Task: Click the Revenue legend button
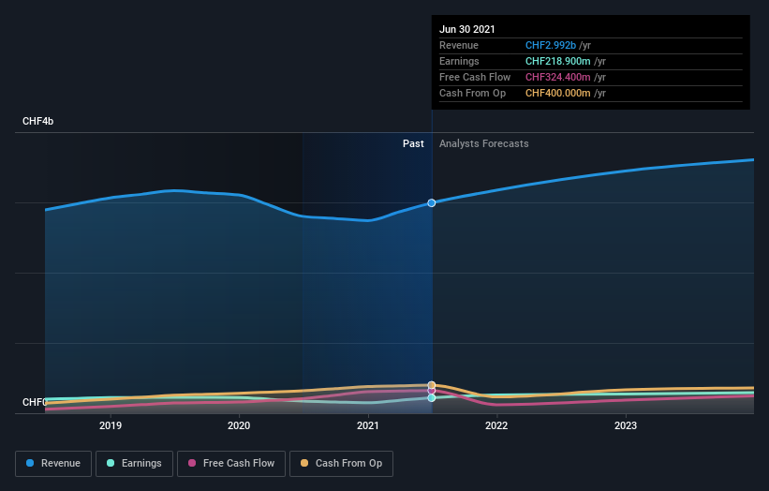[x=54, y=463]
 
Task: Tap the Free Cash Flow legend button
[x=230, y=463]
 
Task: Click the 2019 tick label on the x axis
[x=111, y=425]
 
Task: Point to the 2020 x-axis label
[x=239, y=425]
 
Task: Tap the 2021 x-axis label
[x=368, y=425]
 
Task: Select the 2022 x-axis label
[x=496, y=425]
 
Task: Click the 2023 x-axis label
[x=626, y=425]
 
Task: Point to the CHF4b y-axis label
[x=38, y=122]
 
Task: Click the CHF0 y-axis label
[x=35, y=402]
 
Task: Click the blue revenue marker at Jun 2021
[x=432, y=202]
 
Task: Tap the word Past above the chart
[x=413, y=143]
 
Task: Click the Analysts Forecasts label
[x=483, y=143]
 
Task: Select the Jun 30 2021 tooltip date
[x=467, y=29]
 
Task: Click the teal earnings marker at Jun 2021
[x=432, y=397]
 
